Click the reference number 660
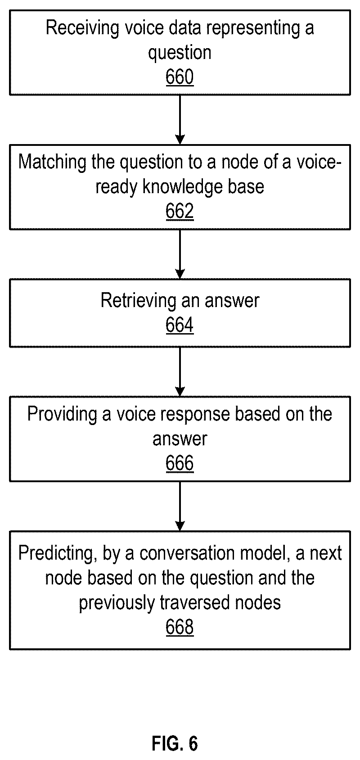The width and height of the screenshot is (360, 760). (x=180, y=77)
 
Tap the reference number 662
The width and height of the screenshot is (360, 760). (x=180, y=211)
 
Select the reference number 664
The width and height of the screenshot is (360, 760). (x=180, y=325)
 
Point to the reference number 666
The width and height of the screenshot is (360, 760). (x=180, y=463)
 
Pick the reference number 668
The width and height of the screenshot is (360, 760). (x=180, y=627)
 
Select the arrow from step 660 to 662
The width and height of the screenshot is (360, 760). (x=180, y=120)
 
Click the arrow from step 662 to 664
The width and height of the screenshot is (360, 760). (x=180, y=254)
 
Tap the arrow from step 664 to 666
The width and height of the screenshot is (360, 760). (x=180, y=371)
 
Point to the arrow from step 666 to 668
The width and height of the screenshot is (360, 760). (x=180, y=506)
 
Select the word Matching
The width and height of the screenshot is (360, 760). (x=53, y=162)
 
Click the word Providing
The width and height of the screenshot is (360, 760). (x=63, y=415)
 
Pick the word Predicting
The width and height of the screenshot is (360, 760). (x=55, y=553)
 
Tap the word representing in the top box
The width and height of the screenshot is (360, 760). (x=253, y=28)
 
